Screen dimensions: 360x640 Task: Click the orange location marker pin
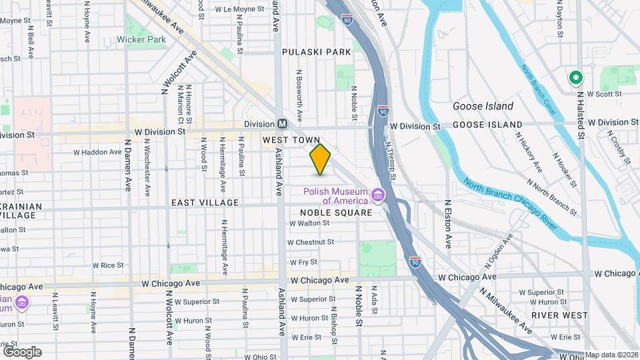click(321, 159)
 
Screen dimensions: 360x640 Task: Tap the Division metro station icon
click(283, 124)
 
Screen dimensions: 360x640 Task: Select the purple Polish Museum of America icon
click(378, 195)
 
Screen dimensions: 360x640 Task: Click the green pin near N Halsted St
click(575, 78)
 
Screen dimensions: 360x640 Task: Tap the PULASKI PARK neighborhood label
click(316, 51)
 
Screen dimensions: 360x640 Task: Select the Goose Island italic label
click(483, 106)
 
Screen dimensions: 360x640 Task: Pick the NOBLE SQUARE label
click(340, 212)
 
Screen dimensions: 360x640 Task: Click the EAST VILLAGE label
click(205, 203)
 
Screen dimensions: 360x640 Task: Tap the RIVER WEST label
click(559, 315)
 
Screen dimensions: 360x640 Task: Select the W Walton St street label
click(309, 223)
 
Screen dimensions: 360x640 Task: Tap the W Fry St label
click(303, 262)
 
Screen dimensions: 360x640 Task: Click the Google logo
click(22, 351)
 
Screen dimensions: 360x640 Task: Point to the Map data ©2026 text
click(611, 355)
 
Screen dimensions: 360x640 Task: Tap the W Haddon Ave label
click(97, 152)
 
